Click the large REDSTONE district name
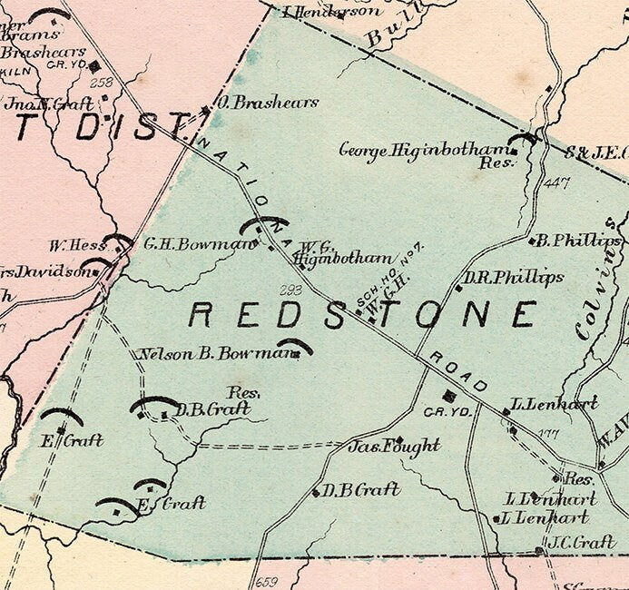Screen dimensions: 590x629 tap(362, 315)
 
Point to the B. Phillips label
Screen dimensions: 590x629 tap(579, 241)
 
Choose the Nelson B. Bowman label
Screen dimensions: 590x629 tap(218, 353)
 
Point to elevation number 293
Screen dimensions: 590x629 tap(290, 290)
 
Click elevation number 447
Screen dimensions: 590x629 tap(556, 184)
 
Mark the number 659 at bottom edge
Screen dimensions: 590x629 tap(267, 582)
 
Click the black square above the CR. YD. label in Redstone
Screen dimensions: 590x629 tap(448, 395)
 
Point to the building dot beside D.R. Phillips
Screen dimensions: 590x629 tap(459, 288)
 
